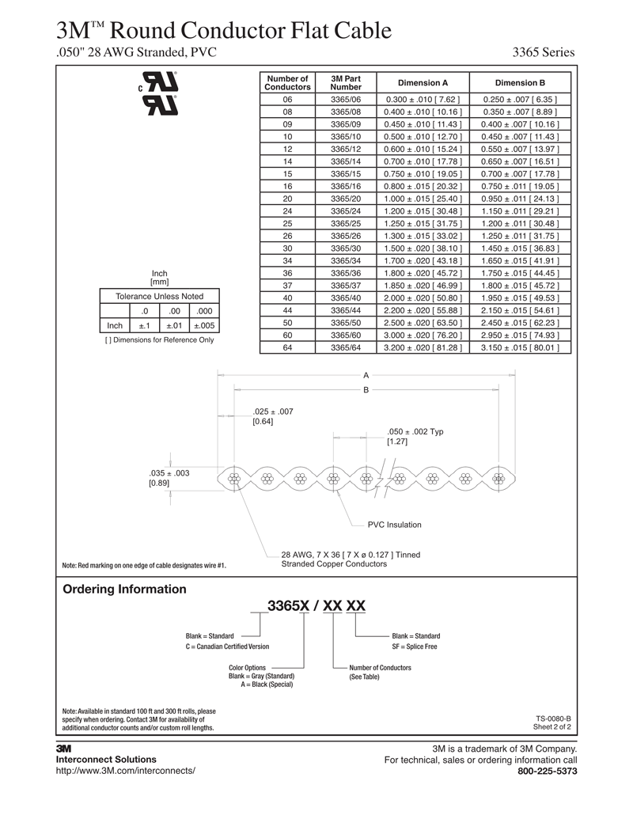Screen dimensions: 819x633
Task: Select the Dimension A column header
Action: (x=423, y=83)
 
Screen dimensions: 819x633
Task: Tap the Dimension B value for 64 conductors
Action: (x=520, y=347)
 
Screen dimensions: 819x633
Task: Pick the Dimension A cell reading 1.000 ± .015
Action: (x=423, y=199)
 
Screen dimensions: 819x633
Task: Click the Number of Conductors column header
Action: (x=287, y=83)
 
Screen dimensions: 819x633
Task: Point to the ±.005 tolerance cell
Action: (x=204, y=325)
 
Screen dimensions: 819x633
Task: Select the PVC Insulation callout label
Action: (x=394, y=525)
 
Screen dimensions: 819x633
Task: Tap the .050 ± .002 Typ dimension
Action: (x=415, y=431)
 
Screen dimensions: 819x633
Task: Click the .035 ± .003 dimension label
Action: (x=169, y=473)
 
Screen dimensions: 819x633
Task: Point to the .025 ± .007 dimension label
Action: (x=273, y=411)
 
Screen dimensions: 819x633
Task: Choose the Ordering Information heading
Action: (x=124, y=590)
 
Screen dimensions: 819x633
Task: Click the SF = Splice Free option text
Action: (x=415, y=647)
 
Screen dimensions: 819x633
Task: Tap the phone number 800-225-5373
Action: (x=546, y=772)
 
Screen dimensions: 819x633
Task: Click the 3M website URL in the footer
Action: (x=125, y=771)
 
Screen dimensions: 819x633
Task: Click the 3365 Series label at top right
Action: (x=543, y=53)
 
